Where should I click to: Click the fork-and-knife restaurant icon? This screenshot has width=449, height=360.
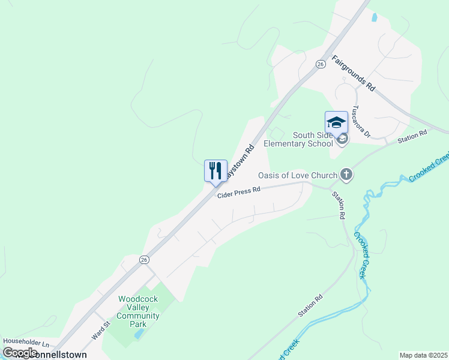(215, 170)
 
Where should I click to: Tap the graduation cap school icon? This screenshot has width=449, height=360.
(336, 122)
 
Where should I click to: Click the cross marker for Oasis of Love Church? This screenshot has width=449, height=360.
(346, 175)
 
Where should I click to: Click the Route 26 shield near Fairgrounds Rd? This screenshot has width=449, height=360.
(321, 64)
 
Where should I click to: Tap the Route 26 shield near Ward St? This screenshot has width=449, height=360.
(144, 259)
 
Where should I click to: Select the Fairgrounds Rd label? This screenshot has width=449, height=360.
(354, 74)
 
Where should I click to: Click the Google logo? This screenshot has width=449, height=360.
(20, 353)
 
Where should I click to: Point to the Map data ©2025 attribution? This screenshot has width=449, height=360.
(423, 355)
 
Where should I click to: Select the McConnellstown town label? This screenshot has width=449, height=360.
(54, 355)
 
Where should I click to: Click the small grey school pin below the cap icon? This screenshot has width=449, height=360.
(342, 140)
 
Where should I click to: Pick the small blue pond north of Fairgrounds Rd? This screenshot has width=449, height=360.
(375, 17)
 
